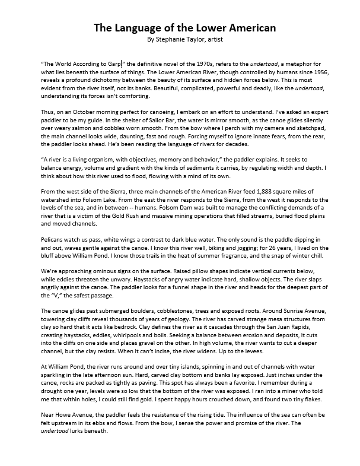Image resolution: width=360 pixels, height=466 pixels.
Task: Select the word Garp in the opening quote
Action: click(113, 63)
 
